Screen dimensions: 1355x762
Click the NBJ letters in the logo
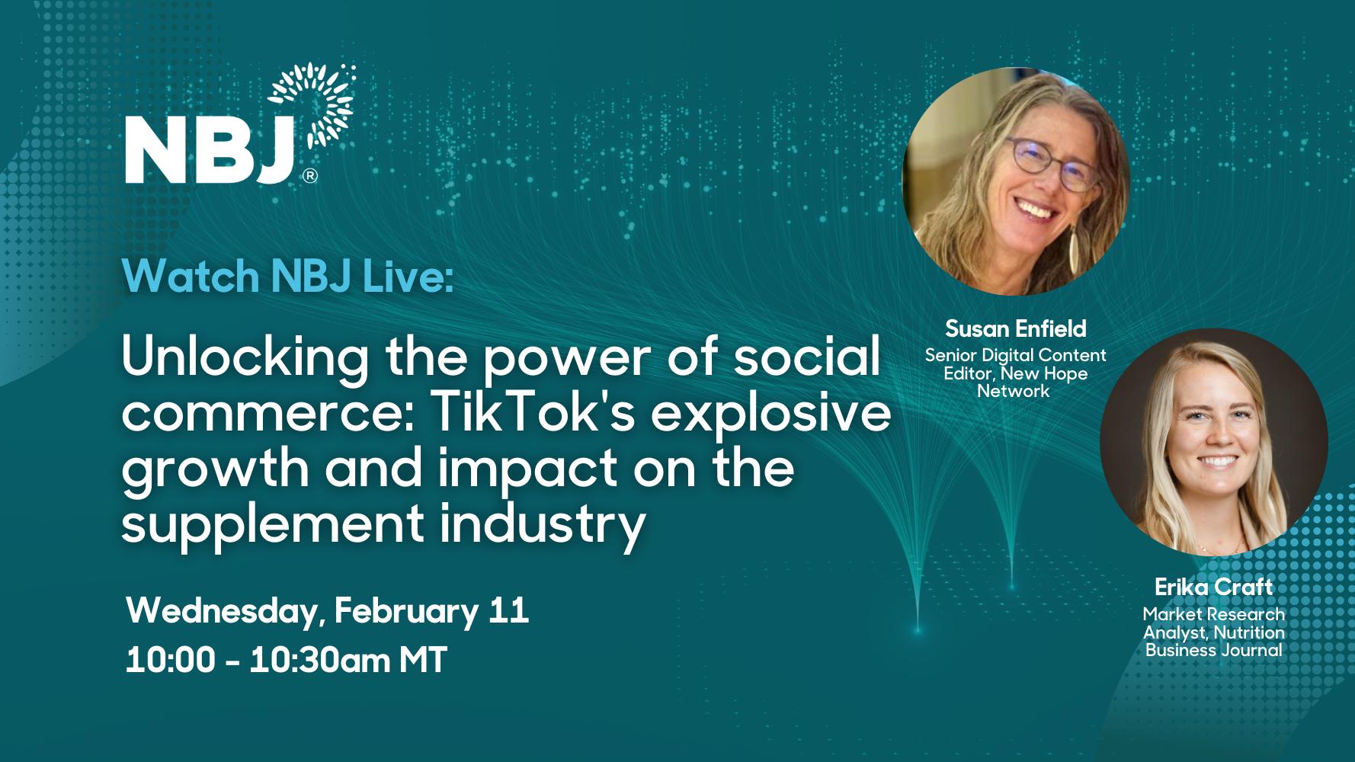tap(210, 150)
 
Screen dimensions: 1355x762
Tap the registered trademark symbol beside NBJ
tap(310, 176)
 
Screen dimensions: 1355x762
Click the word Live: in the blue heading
tap(408, 276)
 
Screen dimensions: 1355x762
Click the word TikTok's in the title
tap(533, 412)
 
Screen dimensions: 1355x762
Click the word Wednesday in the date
tap(222, 612)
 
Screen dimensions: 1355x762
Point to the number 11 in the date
tap(509, 610)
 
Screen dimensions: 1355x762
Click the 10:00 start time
tap(171, 660)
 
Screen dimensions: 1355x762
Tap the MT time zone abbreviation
tap(423, 660)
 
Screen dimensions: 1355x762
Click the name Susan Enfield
tap(1016, 328)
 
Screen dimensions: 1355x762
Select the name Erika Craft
tap(1213, 587)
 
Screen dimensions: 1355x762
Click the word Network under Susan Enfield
tap(1014, 391)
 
